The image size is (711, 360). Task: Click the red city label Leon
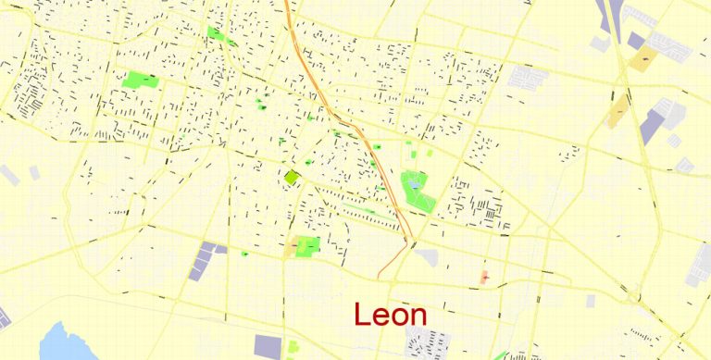[x=390, y=315]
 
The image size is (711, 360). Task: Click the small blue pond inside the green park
[x=414, y=186]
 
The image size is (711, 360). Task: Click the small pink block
[x=485, y=277]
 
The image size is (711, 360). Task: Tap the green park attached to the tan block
[x=307, y=246]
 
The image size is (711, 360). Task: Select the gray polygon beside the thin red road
[x=425, y=256]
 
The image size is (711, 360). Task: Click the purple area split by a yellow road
[x=653, y=126]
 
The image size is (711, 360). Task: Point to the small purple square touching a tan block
[x=635, y=41]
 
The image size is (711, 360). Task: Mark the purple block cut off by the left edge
[x=4, y=320]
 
